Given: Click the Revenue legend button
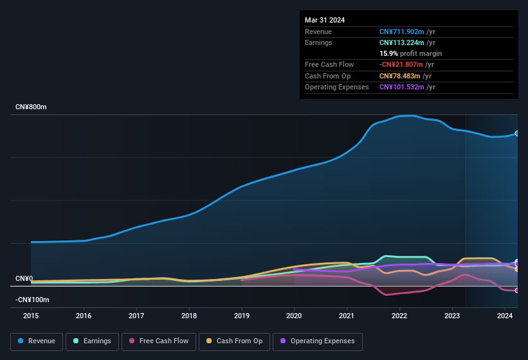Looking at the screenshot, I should pos(37,341).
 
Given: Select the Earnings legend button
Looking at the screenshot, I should pos(92,341).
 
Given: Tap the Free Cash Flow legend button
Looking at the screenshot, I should pos(158,341).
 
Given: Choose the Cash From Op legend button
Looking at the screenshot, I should pos(234,341).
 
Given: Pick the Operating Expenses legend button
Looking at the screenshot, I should pos(317,341).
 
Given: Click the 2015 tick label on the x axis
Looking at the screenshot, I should pos(31,316).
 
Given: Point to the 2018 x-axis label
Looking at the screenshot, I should pos(189,316).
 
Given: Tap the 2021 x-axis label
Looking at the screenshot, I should pos(347,316).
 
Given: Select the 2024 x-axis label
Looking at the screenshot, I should pos(505,316).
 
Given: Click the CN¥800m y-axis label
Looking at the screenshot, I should pos(31,107).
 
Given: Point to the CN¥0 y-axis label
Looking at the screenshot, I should pos(24,279).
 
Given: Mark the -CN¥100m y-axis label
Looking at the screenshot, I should pos(32,300).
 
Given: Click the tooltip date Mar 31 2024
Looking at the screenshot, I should pos(325,20).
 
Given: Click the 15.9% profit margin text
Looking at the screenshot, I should pos(410,53).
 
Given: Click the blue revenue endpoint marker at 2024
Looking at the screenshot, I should pos(517,133).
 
